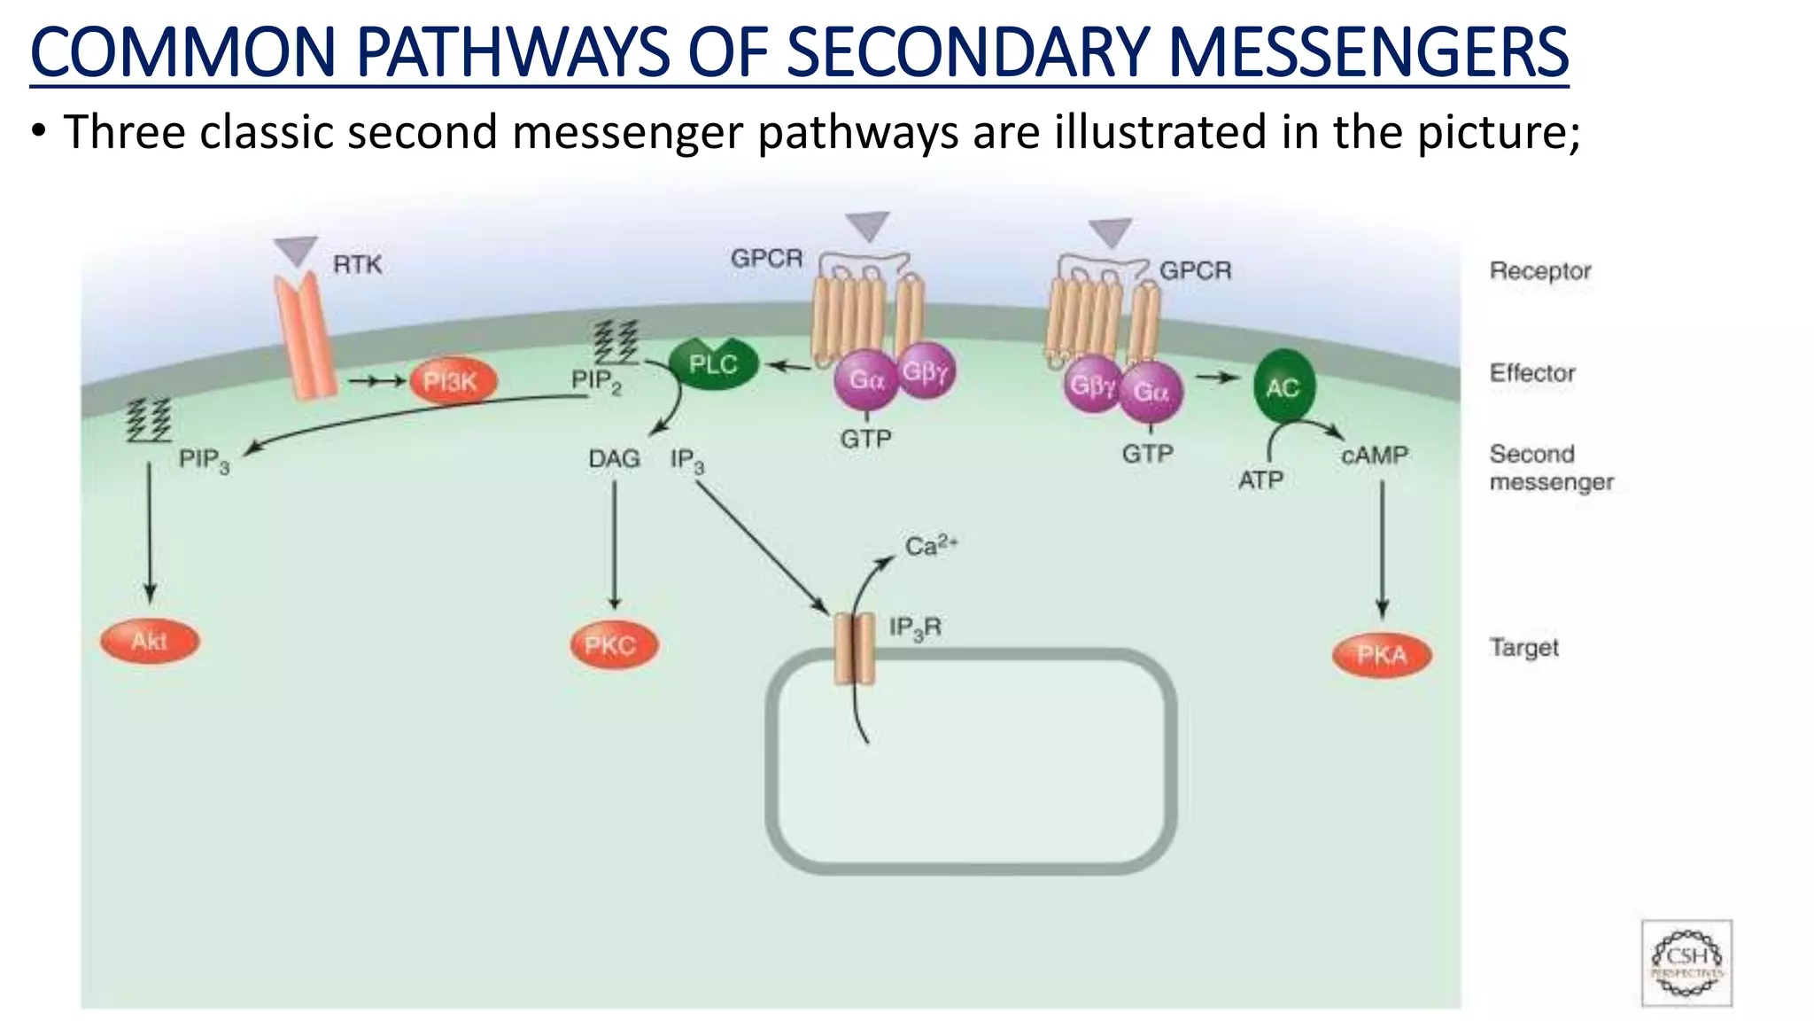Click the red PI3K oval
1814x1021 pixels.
[453, 382]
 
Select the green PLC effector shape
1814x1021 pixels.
[713, 364]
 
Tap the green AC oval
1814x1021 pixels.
[1283, 386]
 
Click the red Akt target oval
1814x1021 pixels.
[150, 641]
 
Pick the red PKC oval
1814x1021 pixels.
[613, 644]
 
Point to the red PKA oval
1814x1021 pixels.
[1381, 655]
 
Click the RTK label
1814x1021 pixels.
[357, 264]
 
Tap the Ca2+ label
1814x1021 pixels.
[930, 545]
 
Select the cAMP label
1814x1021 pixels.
[1374, 456]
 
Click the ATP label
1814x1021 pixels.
[1260, 480]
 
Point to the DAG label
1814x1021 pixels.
[614, 459]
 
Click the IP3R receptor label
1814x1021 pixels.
[915, 628]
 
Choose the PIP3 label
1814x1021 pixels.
[204, 460]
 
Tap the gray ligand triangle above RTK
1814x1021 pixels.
[295, 250]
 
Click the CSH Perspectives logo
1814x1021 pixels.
[1686, 963]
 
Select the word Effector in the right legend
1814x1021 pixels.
[1531, 373]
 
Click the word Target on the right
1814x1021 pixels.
[1523, 648]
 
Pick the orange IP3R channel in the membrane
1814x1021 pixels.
[855, 651]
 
